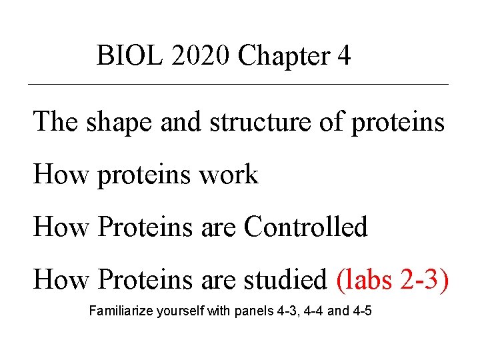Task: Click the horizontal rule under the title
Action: coord(238,85)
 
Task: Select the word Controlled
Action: coord(305,227)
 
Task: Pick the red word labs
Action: coord(366,280)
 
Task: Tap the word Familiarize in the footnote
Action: coord(121,311)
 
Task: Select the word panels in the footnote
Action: coord(251,311)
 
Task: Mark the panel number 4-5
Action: coord(361,311)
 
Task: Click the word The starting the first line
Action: coord(56,121)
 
